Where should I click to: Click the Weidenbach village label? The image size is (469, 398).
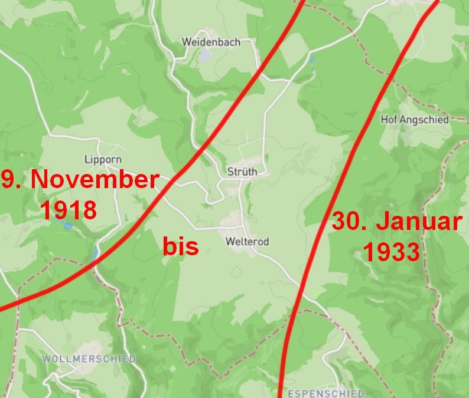click(211, 42)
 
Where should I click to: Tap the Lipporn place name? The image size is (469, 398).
click(102, 159)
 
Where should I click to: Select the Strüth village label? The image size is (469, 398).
click(242, 172)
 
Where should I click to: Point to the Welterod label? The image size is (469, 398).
click(247, 241)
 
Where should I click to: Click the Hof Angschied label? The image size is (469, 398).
click(415, 119)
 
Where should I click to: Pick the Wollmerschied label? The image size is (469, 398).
click(89, 358)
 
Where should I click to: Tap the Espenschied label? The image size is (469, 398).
click(325, 393)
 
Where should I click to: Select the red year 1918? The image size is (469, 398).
click(68, 210)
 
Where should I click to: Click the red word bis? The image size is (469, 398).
click(180, 246)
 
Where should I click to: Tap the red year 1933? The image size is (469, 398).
click(390, 252)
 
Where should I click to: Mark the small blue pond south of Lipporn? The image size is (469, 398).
click(96, 252)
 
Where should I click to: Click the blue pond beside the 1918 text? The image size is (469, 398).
click(68, 225)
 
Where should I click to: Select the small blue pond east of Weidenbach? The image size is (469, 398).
click(312, 59)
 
